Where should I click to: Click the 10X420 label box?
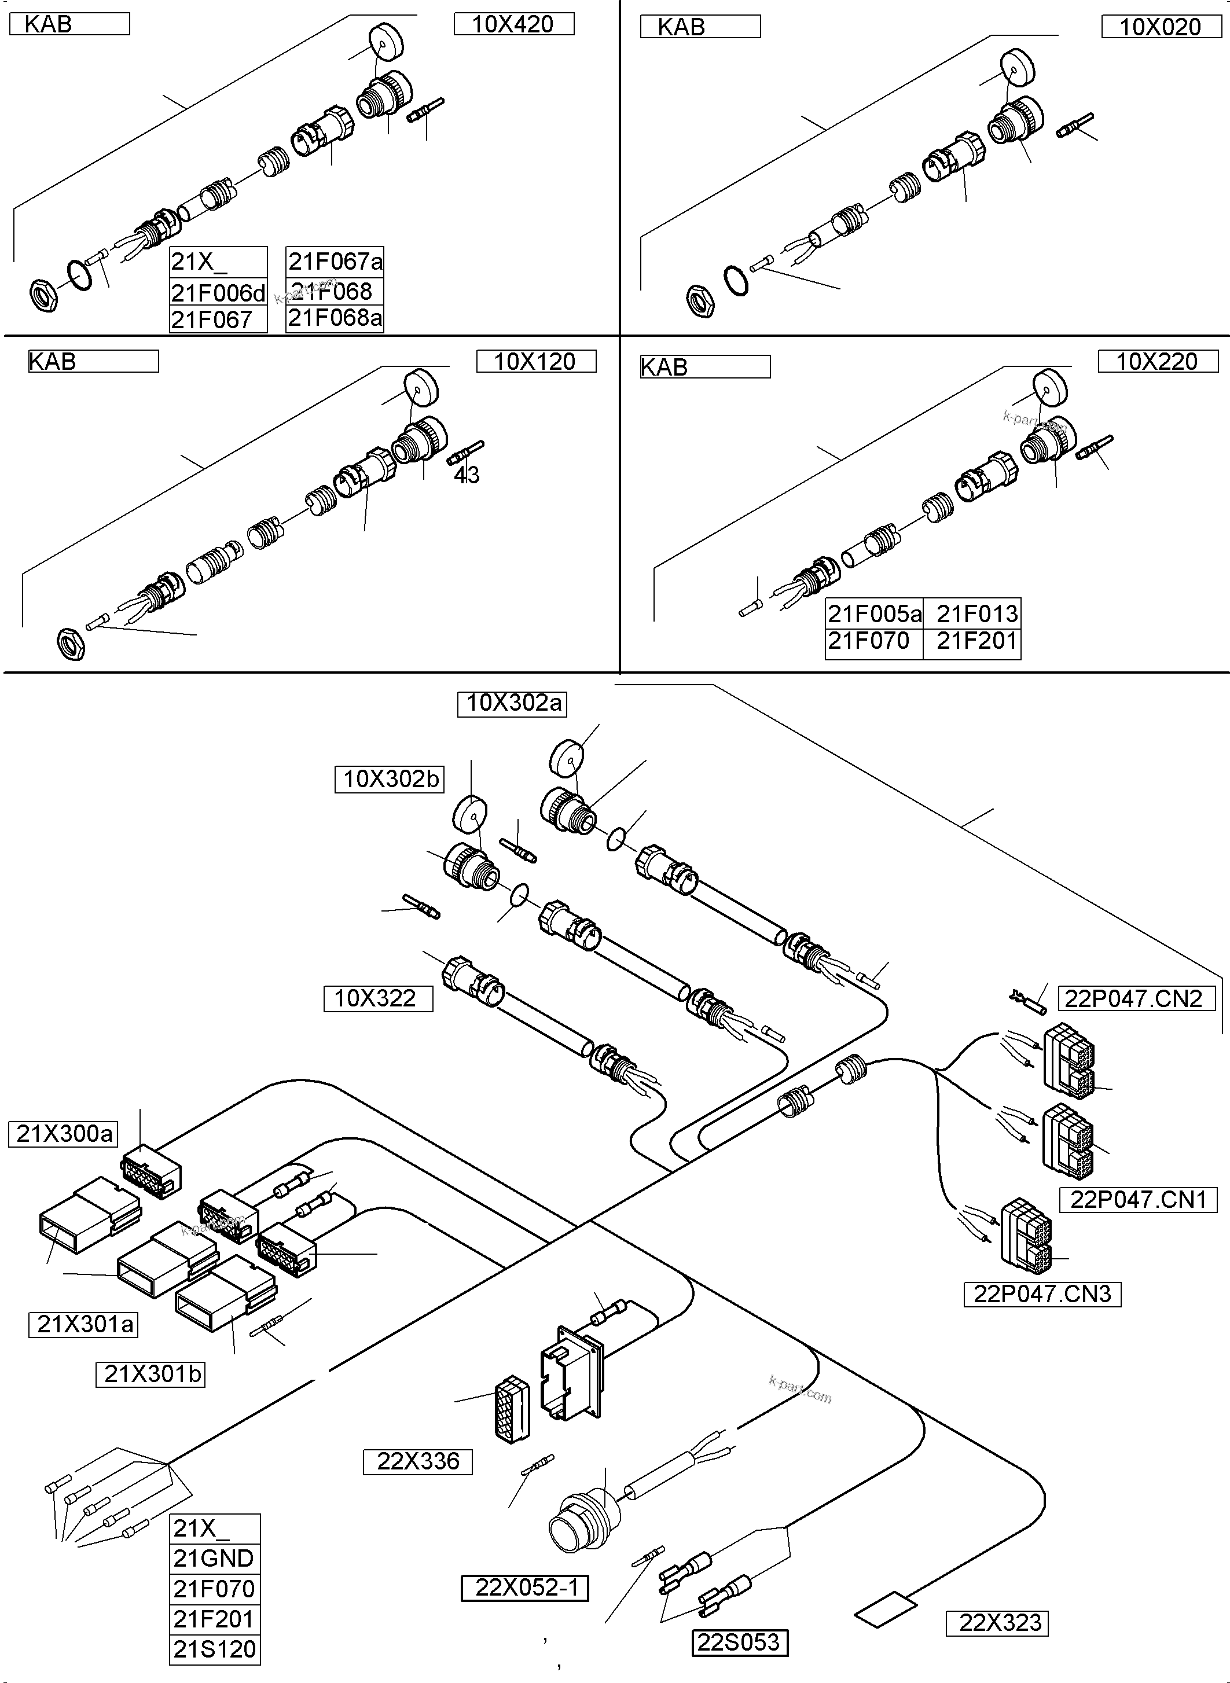coord(514,24)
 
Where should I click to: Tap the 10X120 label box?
coord(535,362)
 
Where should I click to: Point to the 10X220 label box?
coord(1157,362)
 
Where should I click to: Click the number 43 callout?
coord(467,475)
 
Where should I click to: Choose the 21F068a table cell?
coord(335,318)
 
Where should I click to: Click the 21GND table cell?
coord(214,1558)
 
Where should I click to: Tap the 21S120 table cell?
coord(214,1649)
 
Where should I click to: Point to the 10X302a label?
coord(512,703)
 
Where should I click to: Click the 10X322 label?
coord(377,998)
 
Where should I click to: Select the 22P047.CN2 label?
coord(1134,998)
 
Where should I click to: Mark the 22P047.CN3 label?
coord(1042,1294)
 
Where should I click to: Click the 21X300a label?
coord(65,1134)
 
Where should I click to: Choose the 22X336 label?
coord(418,1461)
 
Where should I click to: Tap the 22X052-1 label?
coord(526,1588)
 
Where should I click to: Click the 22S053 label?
coord(739,1642)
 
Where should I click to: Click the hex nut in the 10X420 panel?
coord(45,296)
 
